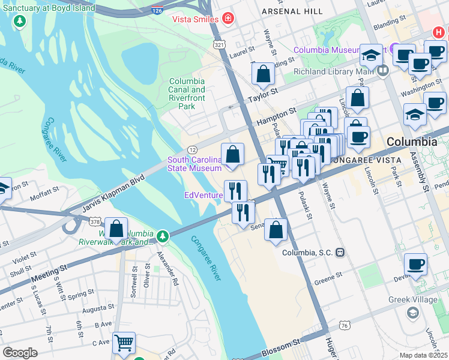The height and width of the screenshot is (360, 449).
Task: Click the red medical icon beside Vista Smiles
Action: [x=228, y=19]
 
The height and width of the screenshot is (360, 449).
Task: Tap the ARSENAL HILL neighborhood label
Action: [x=292, y=11]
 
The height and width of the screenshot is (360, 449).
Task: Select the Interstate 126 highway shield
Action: [x=157, y=11]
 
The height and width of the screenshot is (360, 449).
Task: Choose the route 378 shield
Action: [x=94, y=222]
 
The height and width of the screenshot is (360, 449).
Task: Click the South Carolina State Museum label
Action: [x=194, y=164]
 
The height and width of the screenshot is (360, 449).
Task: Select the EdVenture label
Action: [x=203, y=195]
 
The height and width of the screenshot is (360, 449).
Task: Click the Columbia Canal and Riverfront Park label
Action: [x=187, y=94]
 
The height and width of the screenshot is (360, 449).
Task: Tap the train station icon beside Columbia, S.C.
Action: [x=340, y=253]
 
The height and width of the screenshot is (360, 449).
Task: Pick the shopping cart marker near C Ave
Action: [x=124, y=343]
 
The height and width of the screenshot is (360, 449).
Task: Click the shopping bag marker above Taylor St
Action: [x=263, y=74]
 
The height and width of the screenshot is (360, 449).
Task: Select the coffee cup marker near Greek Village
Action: [x=415, y=264]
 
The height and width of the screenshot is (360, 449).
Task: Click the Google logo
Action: [x=20, y=353]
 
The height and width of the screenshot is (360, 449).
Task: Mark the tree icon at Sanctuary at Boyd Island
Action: [x=20, y=22]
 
